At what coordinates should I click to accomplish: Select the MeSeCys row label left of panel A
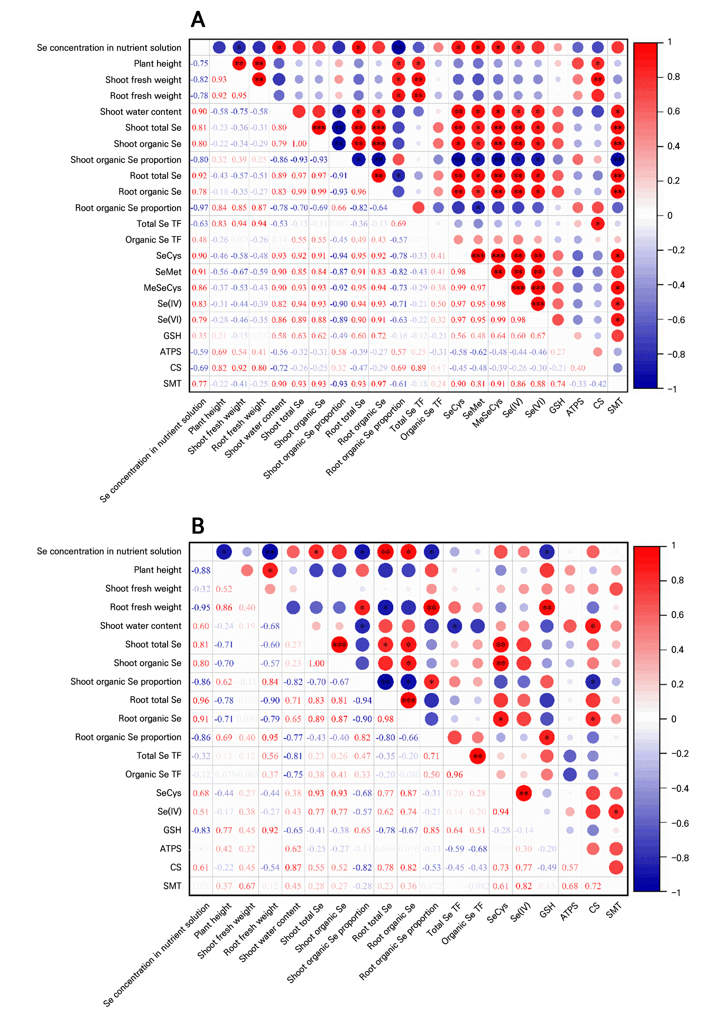coord(162,287)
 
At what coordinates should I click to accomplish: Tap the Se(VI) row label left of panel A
coord(169,320)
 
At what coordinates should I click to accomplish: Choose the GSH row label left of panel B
coord(172,830)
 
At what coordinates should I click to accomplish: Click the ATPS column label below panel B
coord(570,911)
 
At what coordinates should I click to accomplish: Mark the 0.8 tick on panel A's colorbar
coord(673,77)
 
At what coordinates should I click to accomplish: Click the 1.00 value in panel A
coord(299,144)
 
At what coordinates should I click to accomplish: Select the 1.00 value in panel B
coord(316,663)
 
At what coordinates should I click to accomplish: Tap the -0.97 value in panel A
coord(199,208)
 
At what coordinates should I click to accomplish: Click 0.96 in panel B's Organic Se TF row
coord(454,775)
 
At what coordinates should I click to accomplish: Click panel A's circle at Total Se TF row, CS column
coord(597,224)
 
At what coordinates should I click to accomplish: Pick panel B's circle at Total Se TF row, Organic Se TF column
coord(477,756)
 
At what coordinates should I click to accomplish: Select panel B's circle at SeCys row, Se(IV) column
coord(523,793)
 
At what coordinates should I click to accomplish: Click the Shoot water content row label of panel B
coord(140,626)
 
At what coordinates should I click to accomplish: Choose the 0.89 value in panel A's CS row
coord(418,368)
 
